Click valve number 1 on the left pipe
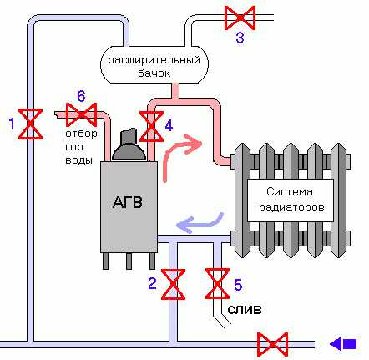[30, 124]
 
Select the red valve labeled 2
[173, 284]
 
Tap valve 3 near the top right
[240, 18]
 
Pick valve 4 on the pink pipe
[151, 126]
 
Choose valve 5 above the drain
[217, 283]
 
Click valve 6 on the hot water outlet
[81, 114]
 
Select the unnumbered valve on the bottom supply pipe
[272, 344]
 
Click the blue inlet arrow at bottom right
[343, 344]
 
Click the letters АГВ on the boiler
[128, 202]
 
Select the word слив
[245, 310]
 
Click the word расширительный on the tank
[154, 60]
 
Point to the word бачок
[154, 74]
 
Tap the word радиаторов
[291, 208]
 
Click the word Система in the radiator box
[290, 191]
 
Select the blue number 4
[169, 126]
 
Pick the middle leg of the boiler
[129, 261]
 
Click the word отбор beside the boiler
[81, 134]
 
